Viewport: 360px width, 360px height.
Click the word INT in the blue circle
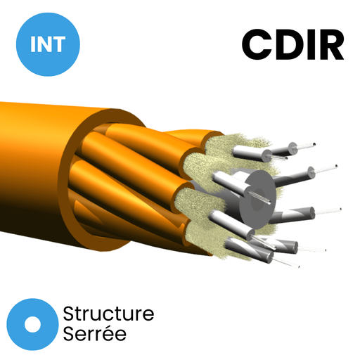pos(48,44)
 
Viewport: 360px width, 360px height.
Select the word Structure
pos(108,314)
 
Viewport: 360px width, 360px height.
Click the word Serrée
pos(95,333)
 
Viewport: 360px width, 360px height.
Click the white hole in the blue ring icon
pos(32,324)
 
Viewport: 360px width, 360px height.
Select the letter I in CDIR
pos(311,44)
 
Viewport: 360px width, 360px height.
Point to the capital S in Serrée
pos(69,333)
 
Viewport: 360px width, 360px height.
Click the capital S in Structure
pos(69,314)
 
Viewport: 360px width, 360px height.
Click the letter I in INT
pos(32,44)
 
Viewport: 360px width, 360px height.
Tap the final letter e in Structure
pos(149,315)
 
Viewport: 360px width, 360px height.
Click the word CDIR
pos(293,44)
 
